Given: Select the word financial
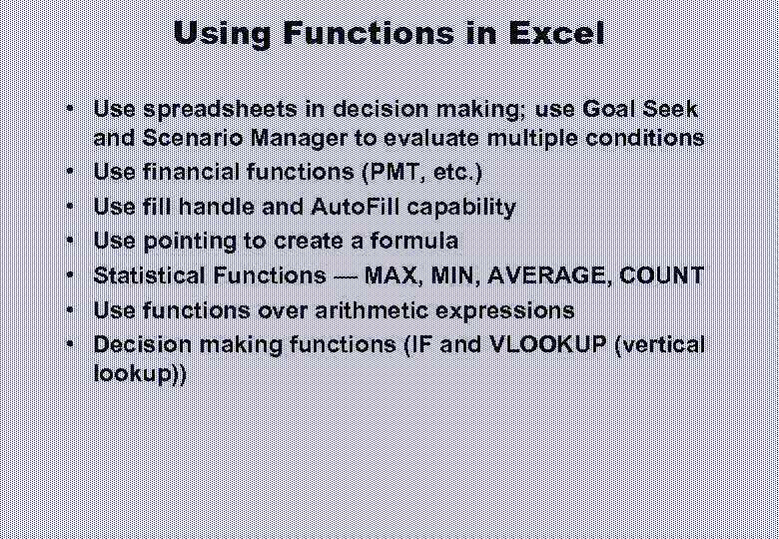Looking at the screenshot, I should click(186, 173).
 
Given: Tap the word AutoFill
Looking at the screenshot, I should click(356, 207).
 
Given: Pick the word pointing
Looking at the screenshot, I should click(185, 242).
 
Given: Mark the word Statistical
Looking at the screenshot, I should click(149, 276).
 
